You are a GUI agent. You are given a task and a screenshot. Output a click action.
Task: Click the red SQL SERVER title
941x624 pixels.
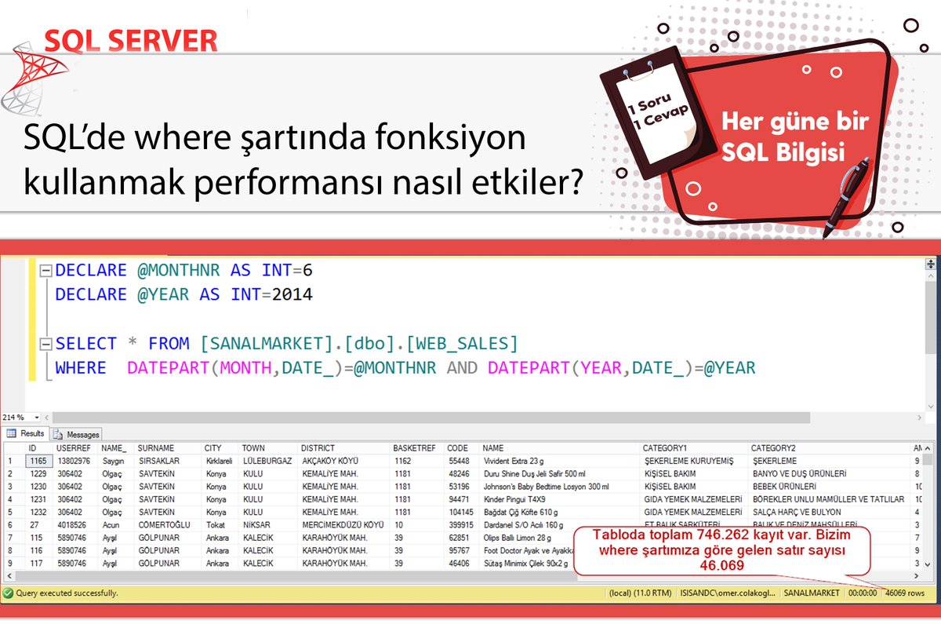point(130,40)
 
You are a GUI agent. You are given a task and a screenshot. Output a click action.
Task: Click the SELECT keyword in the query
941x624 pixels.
point(85,343)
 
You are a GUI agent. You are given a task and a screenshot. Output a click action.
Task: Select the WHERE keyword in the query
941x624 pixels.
point(80,367)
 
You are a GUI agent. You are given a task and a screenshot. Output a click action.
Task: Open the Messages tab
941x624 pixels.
point(78,434)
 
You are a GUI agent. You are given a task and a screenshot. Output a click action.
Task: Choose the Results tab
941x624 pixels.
point(27,434)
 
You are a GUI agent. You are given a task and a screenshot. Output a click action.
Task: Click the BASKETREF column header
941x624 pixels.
point(414,448)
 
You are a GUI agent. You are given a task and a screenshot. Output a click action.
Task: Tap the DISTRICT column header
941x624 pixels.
point(318,448)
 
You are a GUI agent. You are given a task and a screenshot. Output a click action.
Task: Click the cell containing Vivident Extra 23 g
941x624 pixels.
point(518,461)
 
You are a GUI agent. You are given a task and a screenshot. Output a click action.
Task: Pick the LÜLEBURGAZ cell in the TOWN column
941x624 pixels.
point(267,461)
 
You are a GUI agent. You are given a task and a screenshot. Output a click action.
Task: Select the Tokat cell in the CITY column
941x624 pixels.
point(215,524)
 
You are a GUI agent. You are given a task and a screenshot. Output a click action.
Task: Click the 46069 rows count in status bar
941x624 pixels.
point(905,593)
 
